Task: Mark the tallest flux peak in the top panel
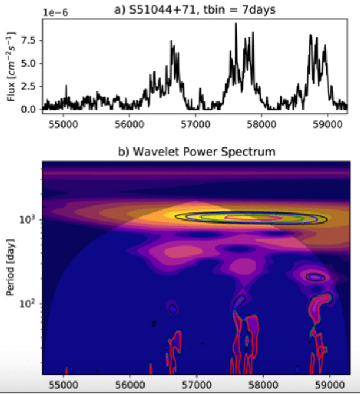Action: coord(235,24)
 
